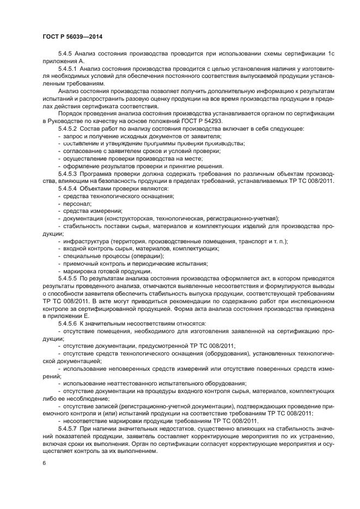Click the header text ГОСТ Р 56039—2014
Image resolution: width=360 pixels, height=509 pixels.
[72, 36]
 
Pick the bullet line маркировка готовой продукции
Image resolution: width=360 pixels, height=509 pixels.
[107, 271]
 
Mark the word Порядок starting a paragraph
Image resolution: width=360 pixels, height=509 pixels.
[70, 113]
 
